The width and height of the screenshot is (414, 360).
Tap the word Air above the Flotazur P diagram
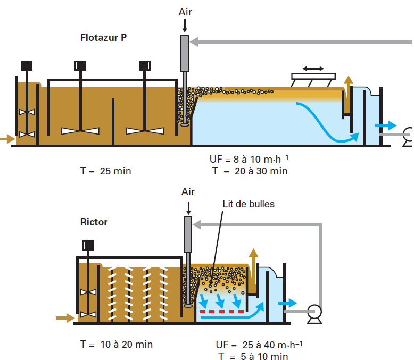(x=185, y=12)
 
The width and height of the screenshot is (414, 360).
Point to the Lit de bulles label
(x=249, y=204)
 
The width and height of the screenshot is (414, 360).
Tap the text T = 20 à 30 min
(x=250, y=171)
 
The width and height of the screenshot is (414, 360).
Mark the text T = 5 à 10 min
(x=253, y=356)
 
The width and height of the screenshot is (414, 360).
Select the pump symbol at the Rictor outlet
(x=312, y=312)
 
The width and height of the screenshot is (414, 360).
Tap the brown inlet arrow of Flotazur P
(x=7, y=139)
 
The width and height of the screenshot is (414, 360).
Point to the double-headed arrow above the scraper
(x=313, y=69)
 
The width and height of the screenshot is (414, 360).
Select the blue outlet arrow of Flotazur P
(x=386, y=125)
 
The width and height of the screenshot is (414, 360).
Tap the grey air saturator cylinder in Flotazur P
(x=185, y=53)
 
